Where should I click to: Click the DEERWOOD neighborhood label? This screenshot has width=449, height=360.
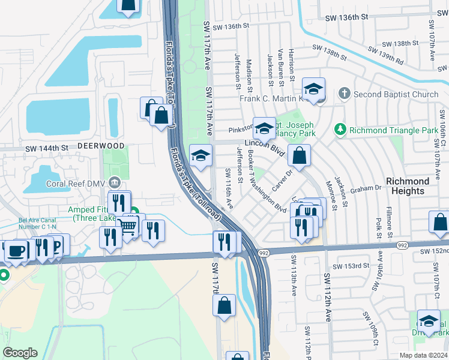point(100,146)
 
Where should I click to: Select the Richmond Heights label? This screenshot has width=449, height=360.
point(408,186)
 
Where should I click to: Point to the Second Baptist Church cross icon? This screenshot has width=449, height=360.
point(344,94)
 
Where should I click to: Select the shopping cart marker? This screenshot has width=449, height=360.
point(128,226)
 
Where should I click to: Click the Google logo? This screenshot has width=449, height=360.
point(20,353)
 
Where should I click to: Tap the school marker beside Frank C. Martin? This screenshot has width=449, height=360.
point(313,90)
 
